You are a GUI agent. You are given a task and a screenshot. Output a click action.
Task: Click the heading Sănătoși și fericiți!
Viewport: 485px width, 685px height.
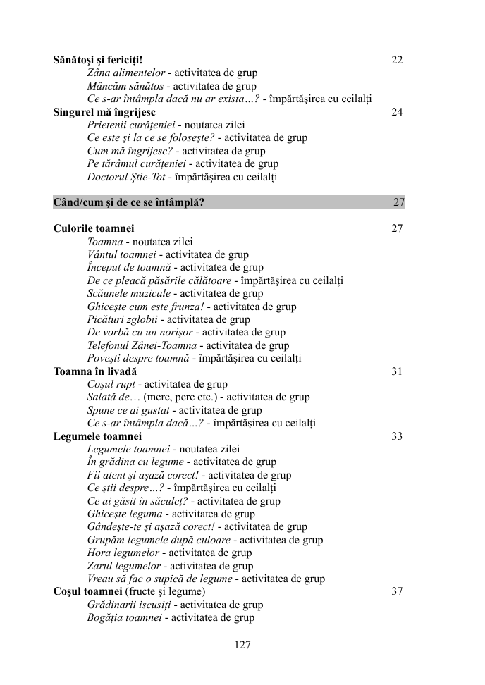point(98,60)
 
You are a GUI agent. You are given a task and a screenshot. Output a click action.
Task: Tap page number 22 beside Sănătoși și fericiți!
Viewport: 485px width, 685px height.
point(397,60)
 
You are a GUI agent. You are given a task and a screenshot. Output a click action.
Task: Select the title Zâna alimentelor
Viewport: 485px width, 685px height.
point(126,73)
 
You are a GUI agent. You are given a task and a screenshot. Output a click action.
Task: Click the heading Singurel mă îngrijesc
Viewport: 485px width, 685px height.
point(104,112)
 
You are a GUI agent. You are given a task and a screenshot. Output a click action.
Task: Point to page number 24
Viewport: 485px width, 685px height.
point(397,112)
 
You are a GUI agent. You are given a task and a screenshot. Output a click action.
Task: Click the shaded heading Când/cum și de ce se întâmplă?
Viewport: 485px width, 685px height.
point(129,203)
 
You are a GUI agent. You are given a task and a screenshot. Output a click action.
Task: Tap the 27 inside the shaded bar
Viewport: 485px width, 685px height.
point(399,203)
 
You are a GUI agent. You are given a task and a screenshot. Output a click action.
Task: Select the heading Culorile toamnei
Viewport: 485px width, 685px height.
point(94,228)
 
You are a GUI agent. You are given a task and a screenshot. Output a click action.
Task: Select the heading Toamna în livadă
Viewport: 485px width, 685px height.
point(95,371)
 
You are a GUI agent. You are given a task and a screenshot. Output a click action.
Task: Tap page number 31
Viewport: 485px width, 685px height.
point(397,371)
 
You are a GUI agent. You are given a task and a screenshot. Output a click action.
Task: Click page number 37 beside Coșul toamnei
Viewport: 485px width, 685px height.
point(397,591)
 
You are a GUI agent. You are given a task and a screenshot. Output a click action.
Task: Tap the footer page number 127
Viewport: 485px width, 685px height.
point(242,644)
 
